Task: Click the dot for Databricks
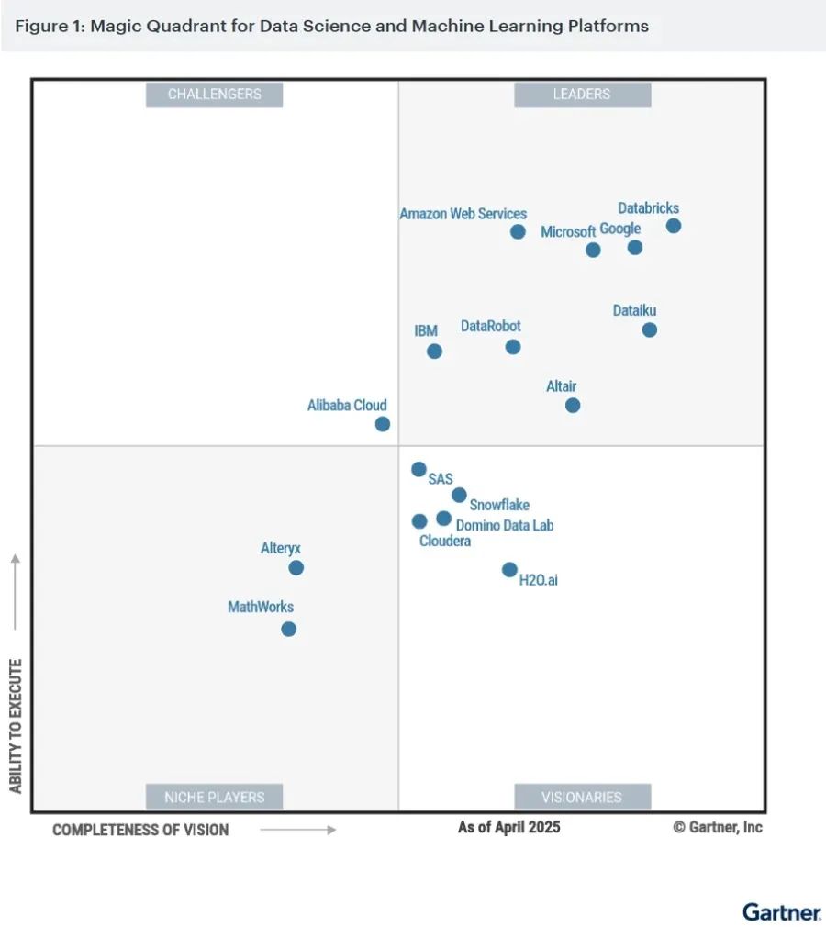coord(674,226)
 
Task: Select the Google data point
coord(635,247)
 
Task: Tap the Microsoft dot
coord(593,250)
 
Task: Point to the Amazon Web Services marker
coord(518,231)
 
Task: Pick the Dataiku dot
coord(650,329)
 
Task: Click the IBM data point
coord(434,351)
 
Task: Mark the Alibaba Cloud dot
coord(383,424)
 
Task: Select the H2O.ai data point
coord(509,569)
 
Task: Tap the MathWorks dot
coord(288,629)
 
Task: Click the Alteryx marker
coord(296,567)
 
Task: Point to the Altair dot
coord(573,405)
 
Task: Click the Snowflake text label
coord(499,505)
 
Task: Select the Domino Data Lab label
coord(505,526)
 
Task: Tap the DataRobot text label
coord(490,326)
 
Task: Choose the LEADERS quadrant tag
coord(582,94)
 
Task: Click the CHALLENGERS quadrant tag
coord(214,94)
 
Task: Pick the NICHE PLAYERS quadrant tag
coord(214,797)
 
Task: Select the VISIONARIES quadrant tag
coord(582,797)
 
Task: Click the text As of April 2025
coord(508,827)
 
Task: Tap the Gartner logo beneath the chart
coord(782,912)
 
